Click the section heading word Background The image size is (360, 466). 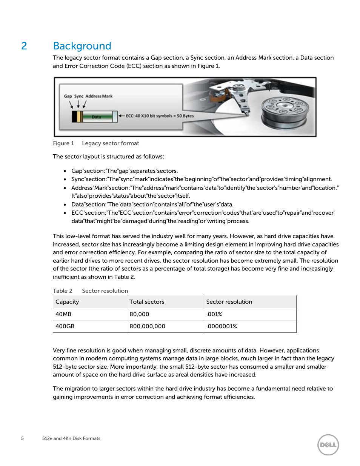[x=82, y=46]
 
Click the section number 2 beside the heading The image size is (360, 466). [x=24, y=46]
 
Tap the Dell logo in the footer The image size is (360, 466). [x=328, y=444]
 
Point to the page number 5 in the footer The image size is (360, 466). [x=22, y=438]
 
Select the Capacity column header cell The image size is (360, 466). [x=67, y=302]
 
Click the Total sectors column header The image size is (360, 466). [x=147, y=302]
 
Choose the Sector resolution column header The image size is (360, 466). [x=229, y=302]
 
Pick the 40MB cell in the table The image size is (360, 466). [x=63, y=314]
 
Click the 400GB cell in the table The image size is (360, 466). [x=65, y=326]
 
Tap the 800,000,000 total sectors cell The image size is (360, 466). [x=147, y=326]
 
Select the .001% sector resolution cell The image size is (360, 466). [x=214, y=314]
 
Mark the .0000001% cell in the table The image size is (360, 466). [x=222, y=326]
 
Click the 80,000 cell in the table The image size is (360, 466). [x=139, y=314]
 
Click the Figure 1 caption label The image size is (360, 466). [x=63, y=143]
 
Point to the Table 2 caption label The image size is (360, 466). [x=63, y=291]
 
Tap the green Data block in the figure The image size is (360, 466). [x=97, y=117]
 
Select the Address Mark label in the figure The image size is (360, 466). [x=99, y=96]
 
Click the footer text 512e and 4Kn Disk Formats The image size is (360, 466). [x=71, y=438]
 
